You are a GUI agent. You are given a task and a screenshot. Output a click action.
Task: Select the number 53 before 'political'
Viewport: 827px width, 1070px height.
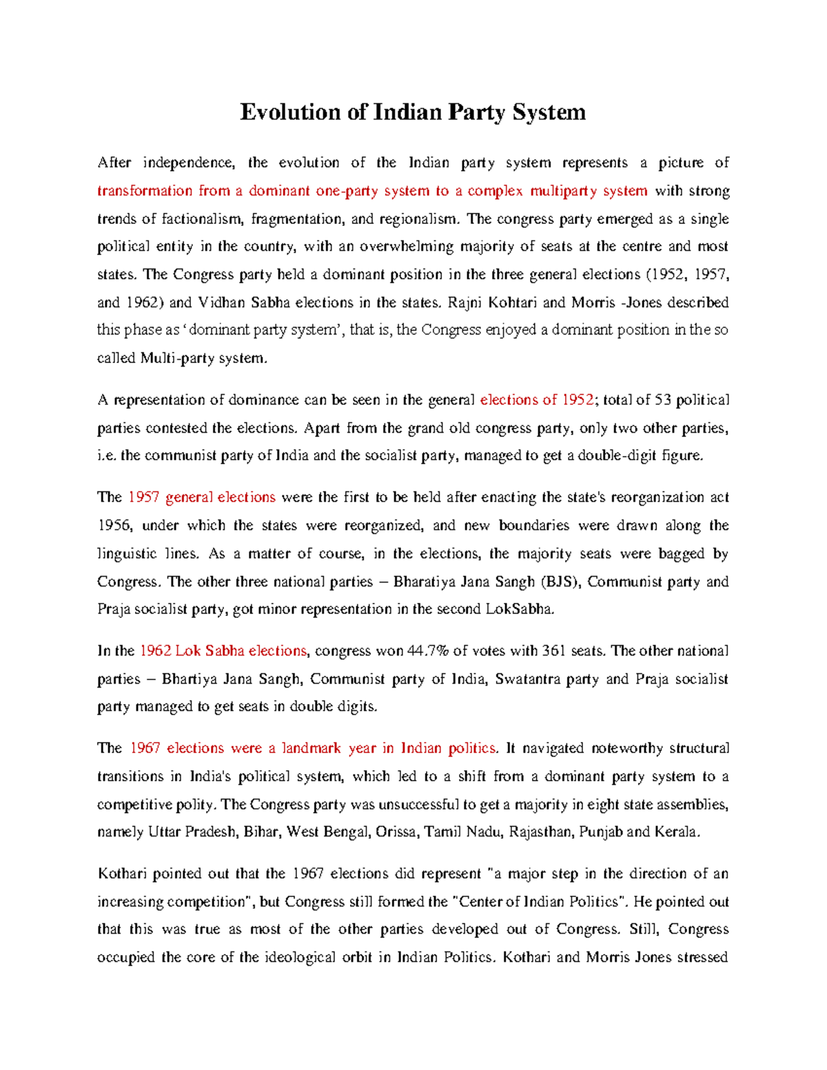click(x=663, y=400)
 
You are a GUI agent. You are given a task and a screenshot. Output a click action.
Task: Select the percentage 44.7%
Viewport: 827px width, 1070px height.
click(x=428, y=651)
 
